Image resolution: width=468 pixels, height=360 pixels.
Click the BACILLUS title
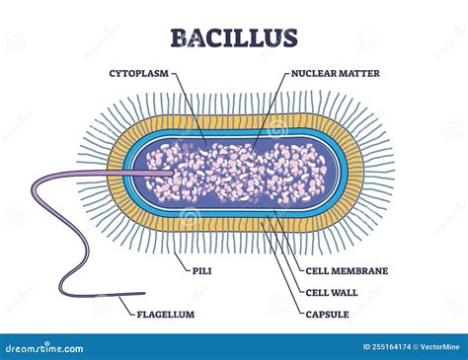pos(234,38)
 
